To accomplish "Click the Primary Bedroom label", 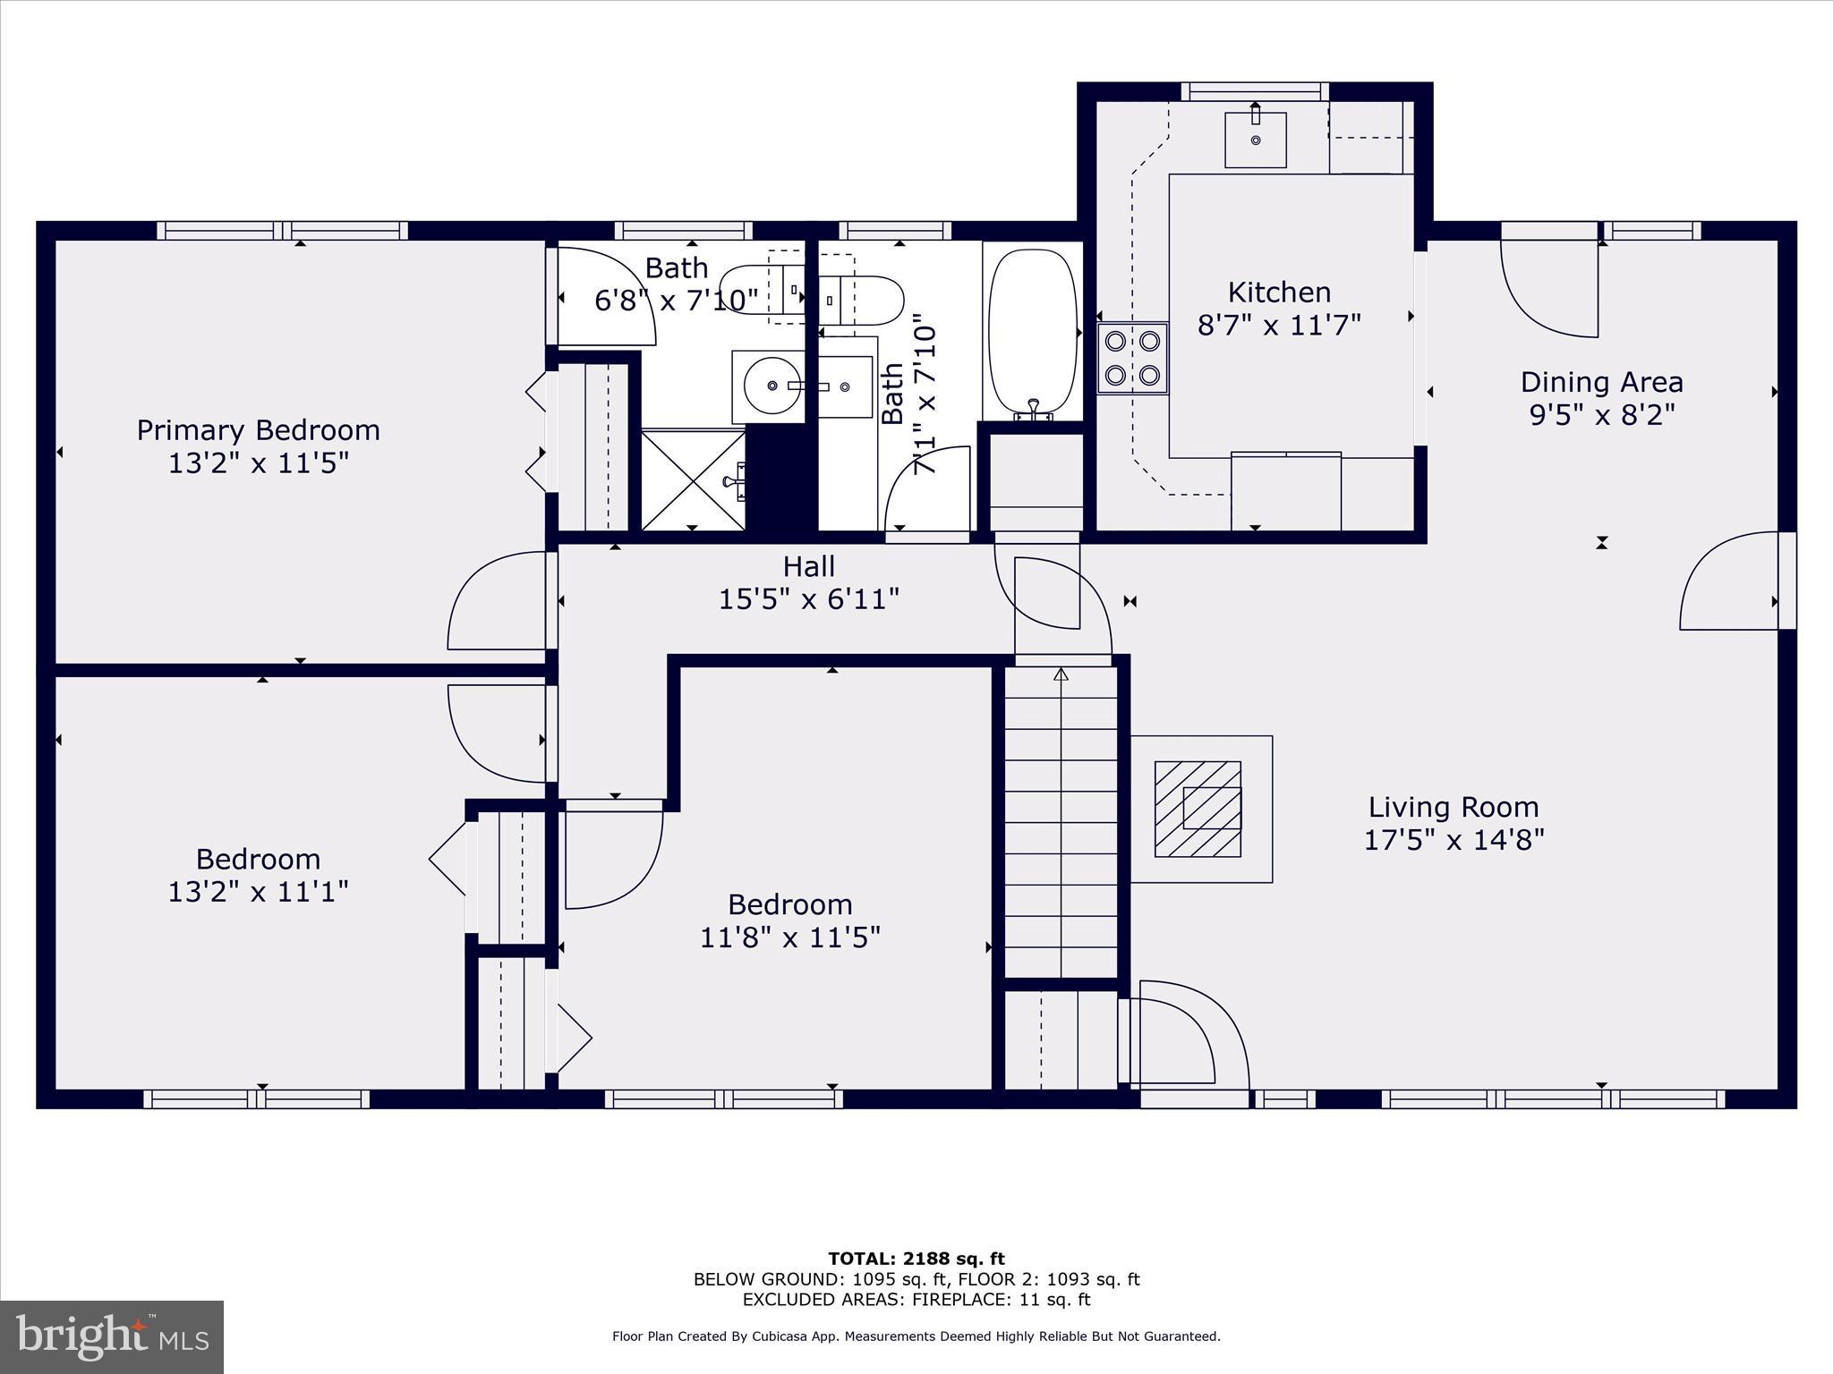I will pos(258,430).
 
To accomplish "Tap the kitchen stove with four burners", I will pos(1132,358).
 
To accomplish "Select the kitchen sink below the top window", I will pos(1255,140).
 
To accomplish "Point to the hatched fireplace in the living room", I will pos(1198,809).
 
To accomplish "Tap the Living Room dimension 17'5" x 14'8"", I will pos(1454,840).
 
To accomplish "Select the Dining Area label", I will pos(1601,383).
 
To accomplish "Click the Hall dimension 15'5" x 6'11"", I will pos(808,598).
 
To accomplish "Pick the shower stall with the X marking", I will pos(693,479).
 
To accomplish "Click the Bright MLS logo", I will pos(112,1336).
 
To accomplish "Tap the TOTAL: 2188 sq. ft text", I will pos(916,1259).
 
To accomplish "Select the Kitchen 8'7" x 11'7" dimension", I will pos(1279,325).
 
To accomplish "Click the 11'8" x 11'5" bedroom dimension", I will pos(789,937).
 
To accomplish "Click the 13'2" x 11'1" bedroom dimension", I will pos(258,892).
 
